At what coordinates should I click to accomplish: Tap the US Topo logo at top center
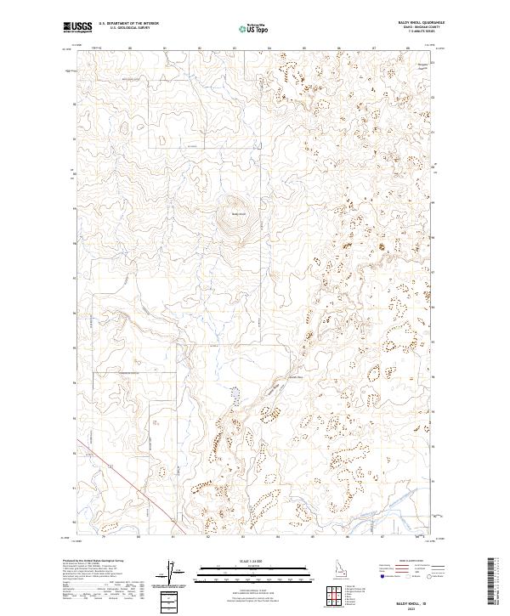pyautogui.click(x=255, y=28)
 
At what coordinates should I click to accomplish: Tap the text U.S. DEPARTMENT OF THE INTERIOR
pyautogui.click(x=128, y=24)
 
